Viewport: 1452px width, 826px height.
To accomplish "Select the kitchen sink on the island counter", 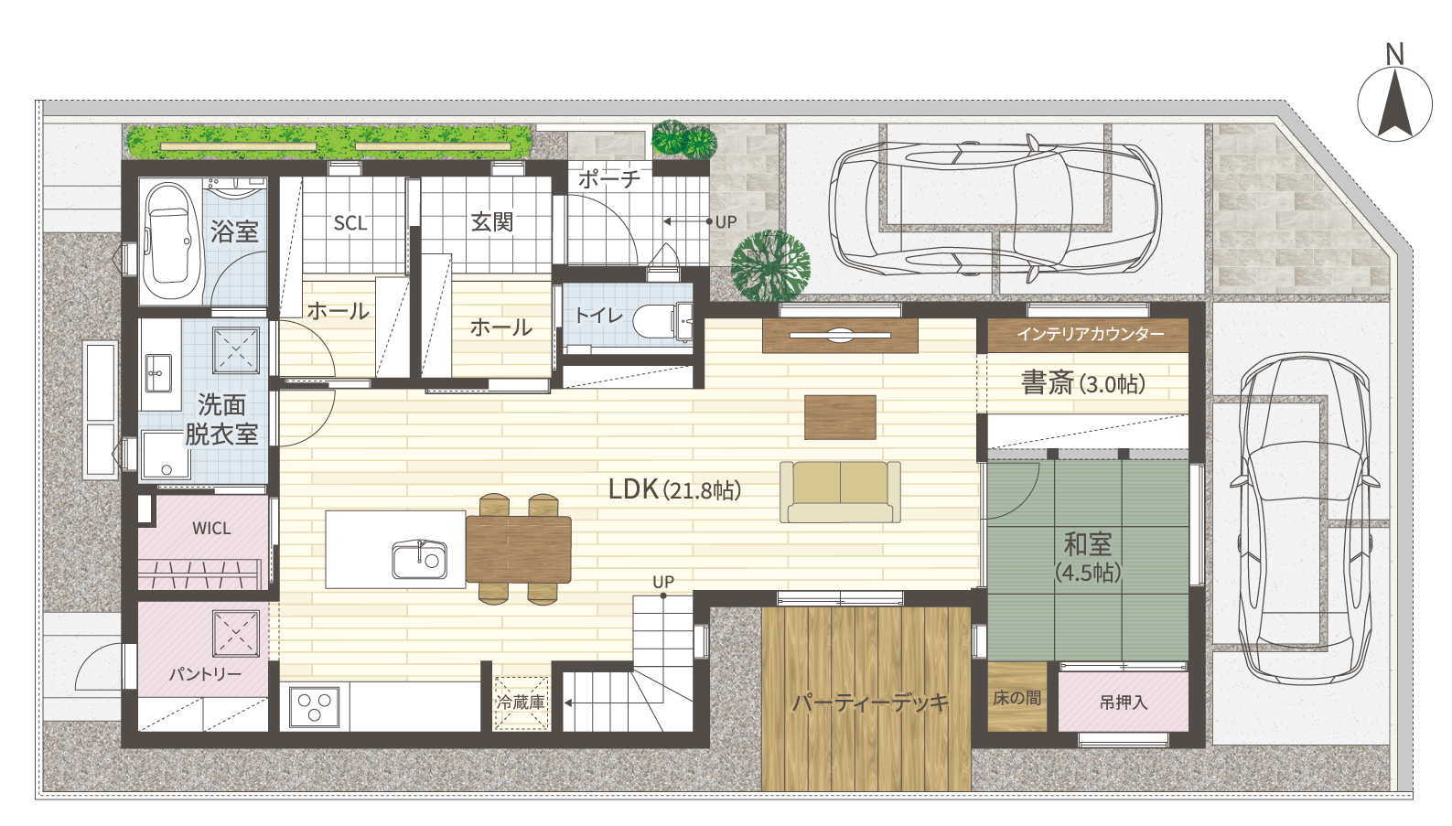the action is click(x=419, y=559).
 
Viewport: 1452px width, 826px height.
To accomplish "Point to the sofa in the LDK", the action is click(x=840, y=492).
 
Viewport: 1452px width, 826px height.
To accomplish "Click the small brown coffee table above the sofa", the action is click(x=840, y=417).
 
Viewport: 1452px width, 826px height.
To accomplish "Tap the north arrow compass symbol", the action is click(x=1394, y=103).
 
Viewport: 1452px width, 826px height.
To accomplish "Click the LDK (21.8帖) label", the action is click(x=674, y=489).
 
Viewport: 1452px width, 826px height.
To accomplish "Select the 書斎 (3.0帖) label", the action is click(x=1083, y=383).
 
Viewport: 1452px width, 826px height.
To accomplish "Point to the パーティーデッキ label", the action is click(x=870, y=703).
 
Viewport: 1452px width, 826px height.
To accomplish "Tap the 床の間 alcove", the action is click(x=1017, y=697).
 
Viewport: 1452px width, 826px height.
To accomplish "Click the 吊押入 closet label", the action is click(x=1124, y=703).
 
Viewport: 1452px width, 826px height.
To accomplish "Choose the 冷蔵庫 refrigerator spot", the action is click(x=522, y=703).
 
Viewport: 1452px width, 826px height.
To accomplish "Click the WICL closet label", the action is click(x=211, y=529).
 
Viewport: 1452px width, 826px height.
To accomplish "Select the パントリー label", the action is click(x=205, y=674).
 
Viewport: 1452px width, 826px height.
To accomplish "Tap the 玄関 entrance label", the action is click(x=492, y=222).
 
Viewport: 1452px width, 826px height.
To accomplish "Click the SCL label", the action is click(x=350, y=223).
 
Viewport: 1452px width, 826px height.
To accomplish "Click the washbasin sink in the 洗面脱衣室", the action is click(x=158, y=373).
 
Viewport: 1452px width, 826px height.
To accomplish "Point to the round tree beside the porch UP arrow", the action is click(x=770, y=266).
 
